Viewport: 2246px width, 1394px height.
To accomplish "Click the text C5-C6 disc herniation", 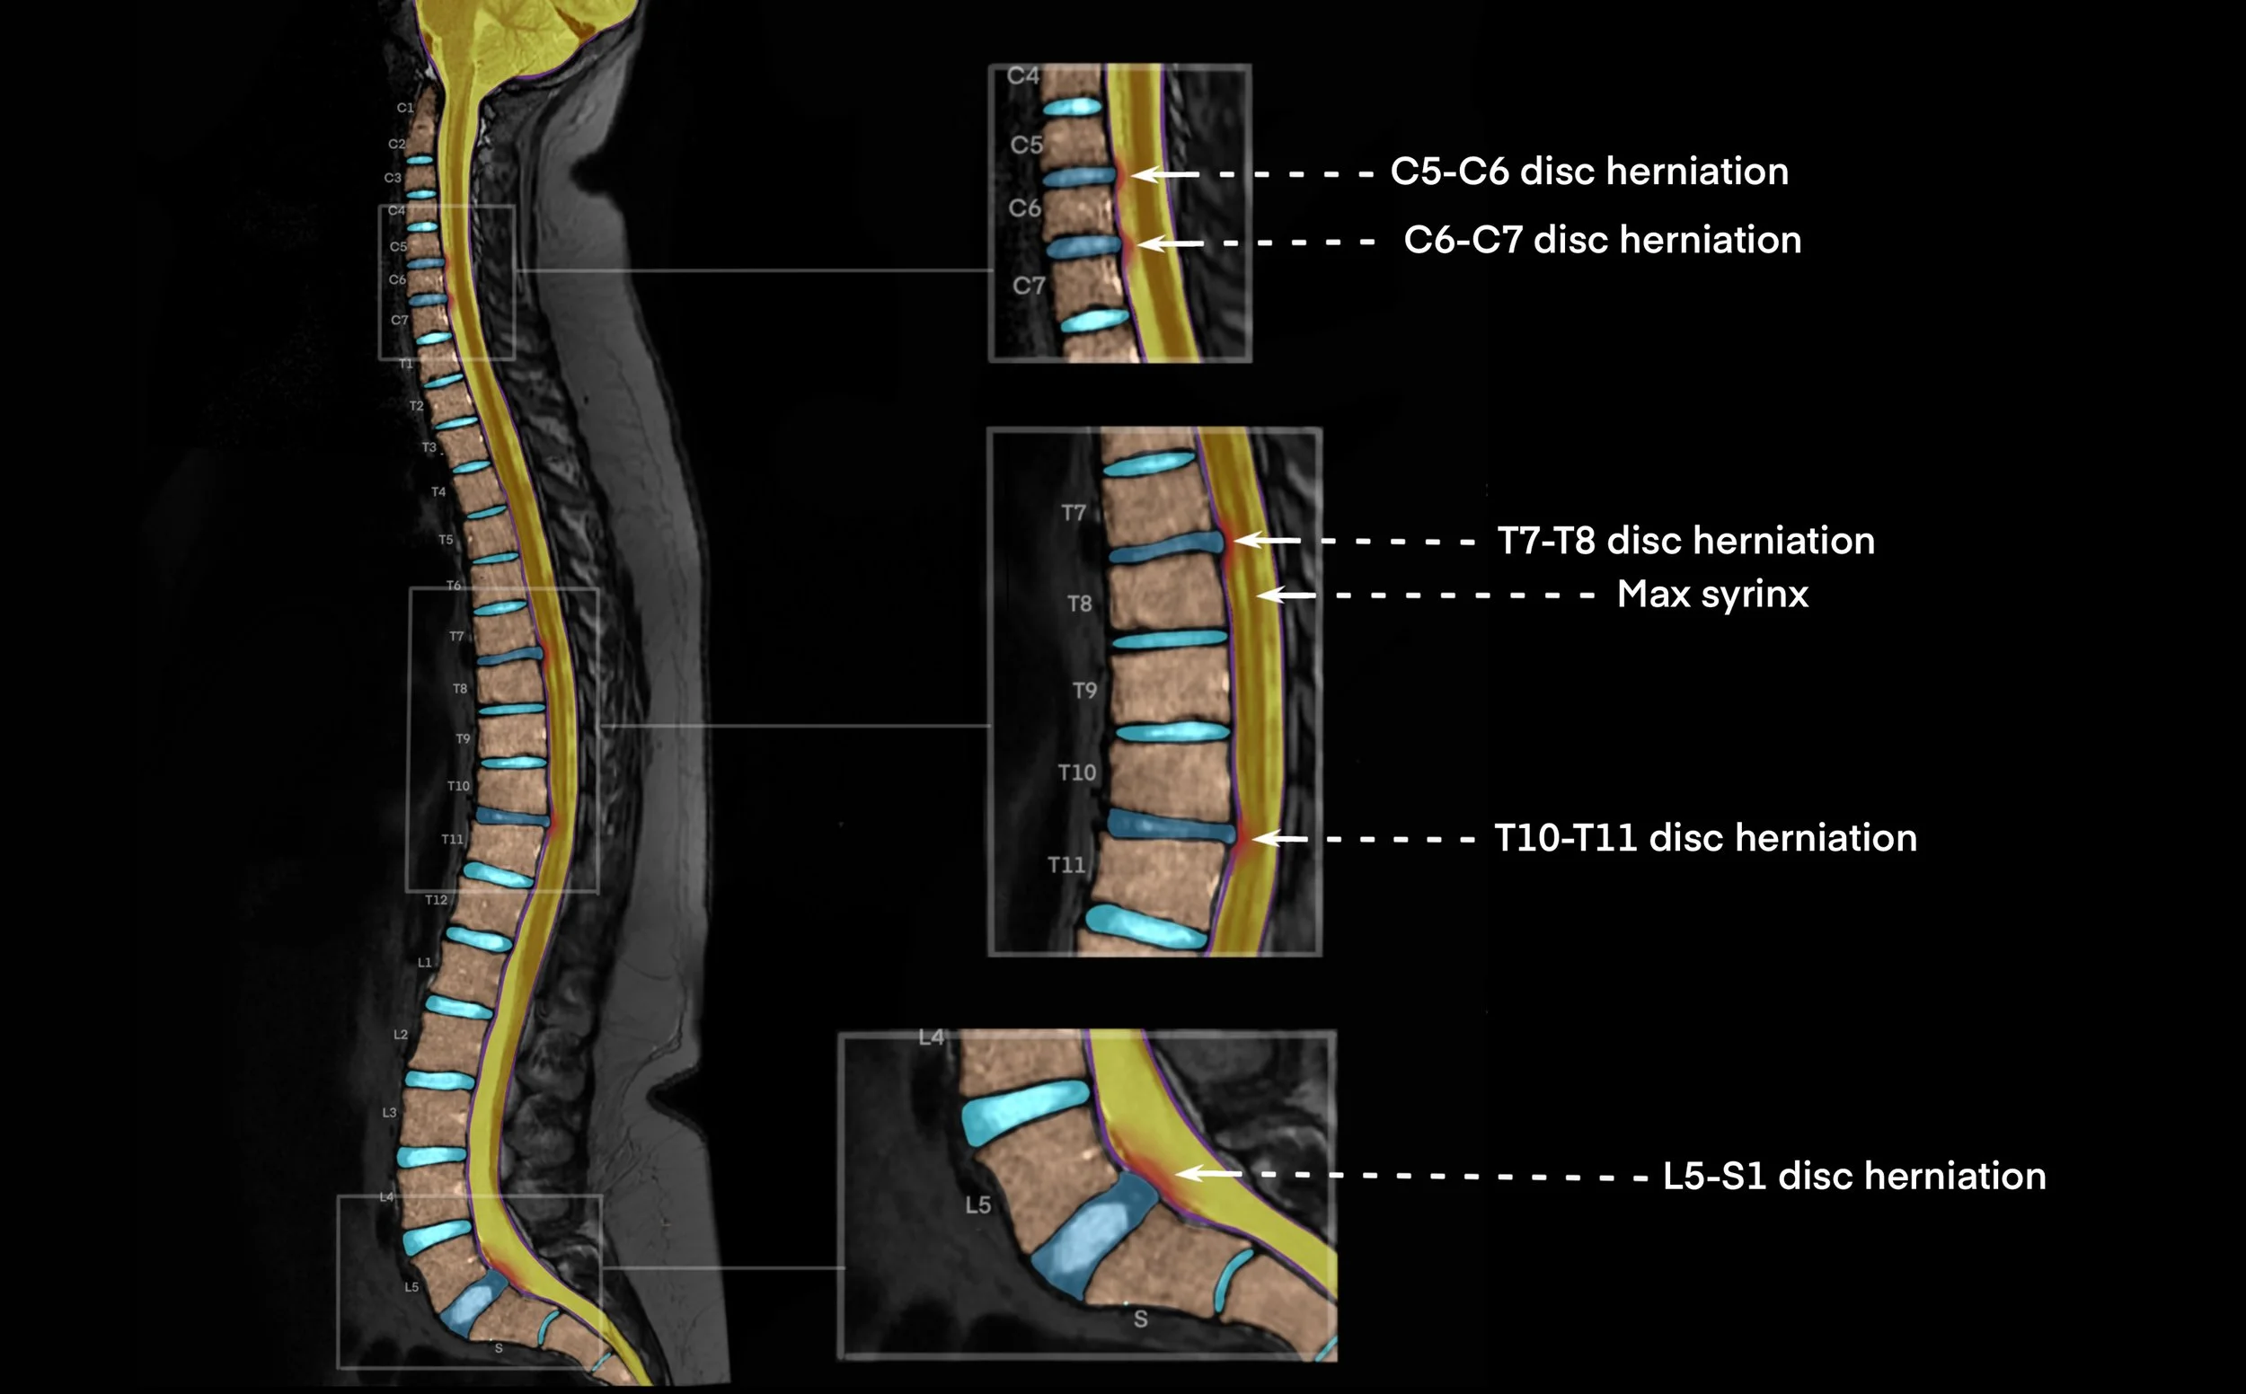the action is [x=1588, y=172].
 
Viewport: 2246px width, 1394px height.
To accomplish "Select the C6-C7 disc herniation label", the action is [x=1602, y=240].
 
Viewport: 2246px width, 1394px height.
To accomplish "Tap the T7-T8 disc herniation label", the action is [x=1685, y=541].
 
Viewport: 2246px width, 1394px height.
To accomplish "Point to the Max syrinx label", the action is [x=1712, y=594].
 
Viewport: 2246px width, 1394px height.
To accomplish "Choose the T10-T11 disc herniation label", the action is [x=1705, y=838].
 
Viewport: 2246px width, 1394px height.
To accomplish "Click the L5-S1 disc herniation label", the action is [x=1854, y=1176].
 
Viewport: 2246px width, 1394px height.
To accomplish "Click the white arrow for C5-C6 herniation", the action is [x=1165, y=173].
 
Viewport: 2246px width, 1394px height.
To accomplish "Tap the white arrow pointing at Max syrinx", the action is [x=1287, y=596].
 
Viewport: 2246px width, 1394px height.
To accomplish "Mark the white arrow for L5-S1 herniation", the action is [x=1208, y=1174].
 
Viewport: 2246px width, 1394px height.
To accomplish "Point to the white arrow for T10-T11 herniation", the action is [x=1279, y=839].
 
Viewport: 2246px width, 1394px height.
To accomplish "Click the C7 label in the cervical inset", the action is [x=1029, y=286].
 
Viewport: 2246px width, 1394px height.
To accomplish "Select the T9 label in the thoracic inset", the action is [x=1085, y=691].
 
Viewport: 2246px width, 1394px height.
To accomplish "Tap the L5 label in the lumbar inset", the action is [x=978, y=1205].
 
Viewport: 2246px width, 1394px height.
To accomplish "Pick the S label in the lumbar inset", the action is [x=1140, y=1319].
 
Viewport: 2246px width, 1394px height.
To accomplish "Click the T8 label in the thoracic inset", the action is [x=1080, y=604].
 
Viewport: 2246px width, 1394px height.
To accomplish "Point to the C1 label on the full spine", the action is [x=405, y=108].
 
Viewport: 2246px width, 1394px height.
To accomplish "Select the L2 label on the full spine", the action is [x=400, y=1035].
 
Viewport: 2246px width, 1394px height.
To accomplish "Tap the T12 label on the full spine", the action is [x=436, y=900].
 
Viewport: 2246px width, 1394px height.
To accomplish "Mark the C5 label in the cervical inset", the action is [x=1027, y=145].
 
